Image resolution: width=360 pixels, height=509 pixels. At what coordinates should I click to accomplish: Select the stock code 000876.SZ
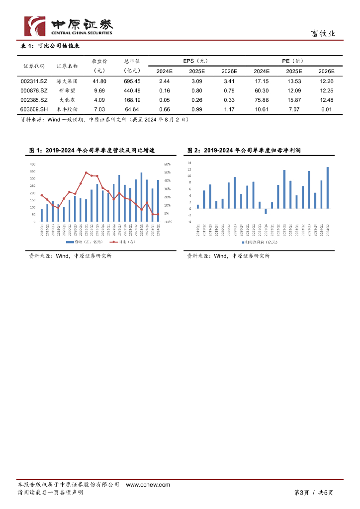click(34, 90)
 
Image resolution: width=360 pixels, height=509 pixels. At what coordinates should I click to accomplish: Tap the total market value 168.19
click(132, 100)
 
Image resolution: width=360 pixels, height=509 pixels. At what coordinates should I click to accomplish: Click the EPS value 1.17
click(229, 109)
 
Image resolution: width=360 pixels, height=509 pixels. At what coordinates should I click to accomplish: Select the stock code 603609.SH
click(34, 109)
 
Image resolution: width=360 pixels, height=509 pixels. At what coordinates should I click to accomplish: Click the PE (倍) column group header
click(292, 61)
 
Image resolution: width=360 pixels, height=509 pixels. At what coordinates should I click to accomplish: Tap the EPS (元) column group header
click(195, 61)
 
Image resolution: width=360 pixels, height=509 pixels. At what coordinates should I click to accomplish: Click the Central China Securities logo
click(69, 26)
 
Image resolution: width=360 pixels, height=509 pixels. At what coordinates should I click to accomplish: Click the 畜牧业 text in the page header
click(323, 34)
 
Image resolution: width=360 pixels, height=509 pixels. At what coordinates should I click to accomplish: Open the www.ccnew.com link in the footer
click(148, 485)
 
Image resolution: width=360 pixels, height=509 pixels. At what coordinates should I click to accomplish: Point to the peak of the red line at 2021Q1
click(86, 173)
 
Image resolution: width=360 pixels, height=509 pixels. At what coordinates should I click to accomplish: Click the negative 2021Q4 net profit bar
click(266, 211)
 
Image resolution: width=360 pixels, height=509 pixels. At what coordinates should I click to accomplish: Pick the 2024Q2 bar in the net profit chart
click(327, 187)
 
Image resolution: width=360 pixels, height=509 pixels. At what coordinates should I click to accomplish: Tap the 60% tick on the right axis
click(168, 164)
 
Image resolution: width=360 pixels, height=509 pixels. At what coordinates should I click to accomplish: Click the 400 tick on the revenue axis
click(33, 164)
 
